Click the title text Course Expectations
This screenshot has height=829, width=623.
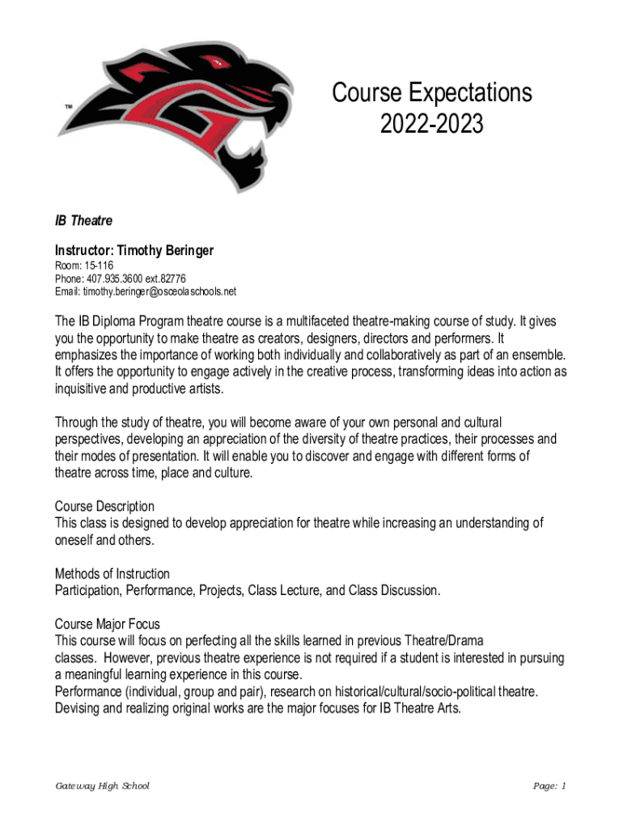432,93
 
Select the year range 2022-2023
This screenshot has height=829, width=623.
432,124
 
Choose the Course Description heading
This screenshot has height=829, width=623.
104,507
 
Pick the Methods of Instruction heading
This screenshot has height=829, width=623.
112,574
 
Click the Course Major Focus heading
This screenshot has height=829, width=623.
107,624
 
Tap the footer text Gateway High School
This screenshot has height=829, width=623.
102,786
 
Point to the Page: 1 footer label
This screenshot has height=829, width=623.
549,786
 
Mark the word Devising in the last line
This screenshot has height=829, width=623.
78,708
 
